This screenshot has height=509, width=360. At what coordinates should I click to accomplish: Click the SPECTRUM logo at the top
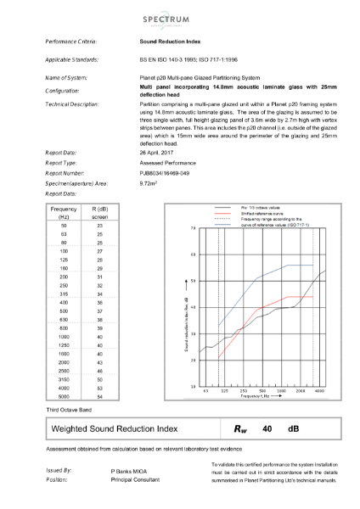coord(180,18)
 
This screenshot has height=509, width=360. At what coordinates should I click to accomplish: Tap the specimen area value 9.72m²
coord(149,182)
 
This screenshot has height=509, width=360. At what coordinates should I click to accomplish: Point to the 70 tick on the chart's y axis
coord(194,229)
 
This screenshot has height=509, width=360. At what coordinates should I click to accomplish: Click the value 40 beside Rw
coord(266,429)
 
